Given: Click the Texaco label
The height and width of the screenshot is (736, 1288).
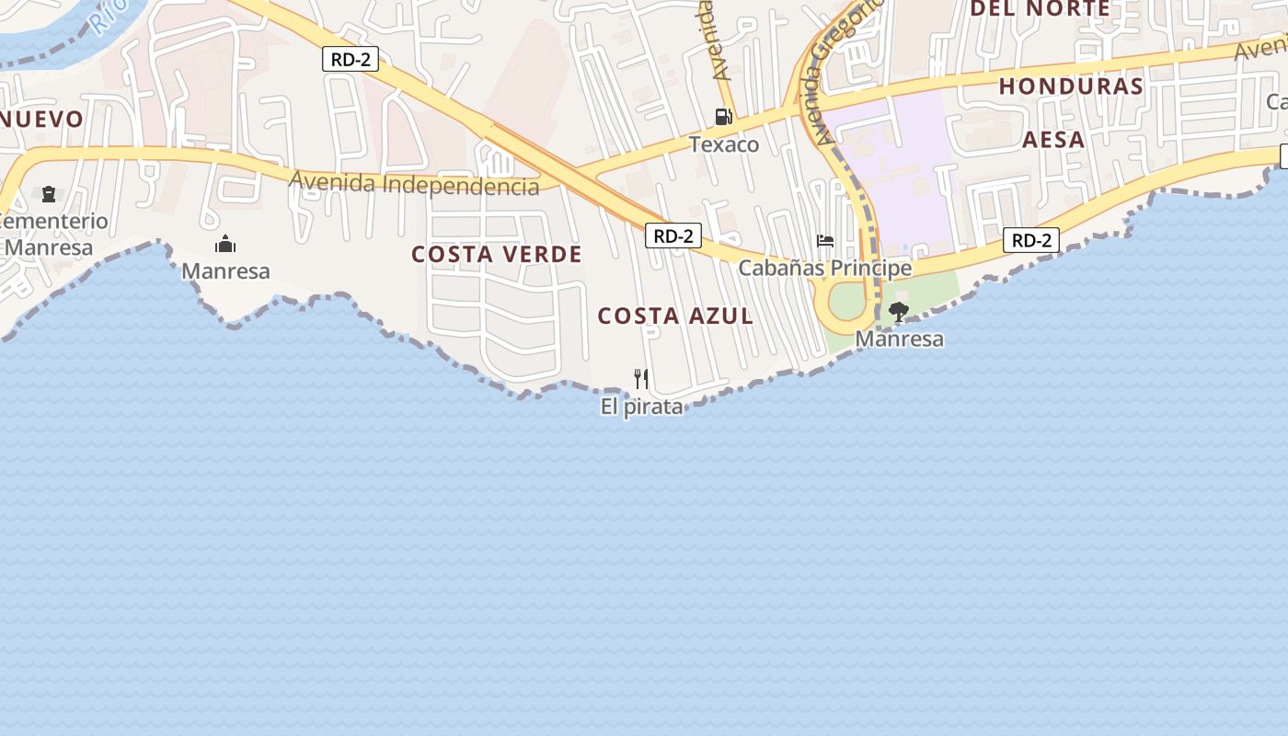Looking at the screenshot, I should point(724,144).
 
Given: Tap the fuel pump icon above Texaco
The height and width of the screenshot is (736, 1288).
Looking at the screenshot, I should point(724,117).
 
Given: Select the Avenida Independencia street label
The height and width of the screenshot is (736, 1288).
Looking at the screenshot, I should point(414,183).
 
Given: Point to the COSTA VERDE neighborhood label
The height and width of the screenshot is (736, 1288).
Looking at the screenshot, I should point(497,254).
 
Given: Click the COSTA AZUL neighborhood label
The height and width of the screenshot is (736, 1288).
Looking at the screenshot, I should point(675,316).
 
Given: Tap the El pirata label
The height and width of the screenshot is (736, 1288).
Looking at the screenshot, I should point(642,407).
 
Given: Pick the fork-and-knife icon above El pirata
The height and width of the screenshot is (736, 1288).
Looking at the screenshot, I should point(641,378).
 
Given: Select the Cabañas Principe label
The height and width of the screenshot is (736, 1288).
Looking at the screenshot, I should point(825,268).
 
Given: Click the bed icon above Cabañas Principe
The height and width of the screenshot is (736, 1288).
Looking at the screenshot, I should point(825,241).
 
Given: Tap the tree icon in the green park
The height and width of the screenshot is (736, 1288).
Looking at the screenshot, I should point(899,312).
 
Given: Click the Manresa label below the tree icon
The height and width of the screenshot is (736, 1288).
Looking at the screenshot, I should point(899,339).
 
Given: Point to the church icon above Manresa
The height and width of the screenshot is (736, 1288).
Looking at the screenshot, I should point(225,244).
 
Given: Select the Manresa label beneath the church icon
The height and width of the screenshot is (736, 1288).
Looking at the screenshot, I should point(225,270).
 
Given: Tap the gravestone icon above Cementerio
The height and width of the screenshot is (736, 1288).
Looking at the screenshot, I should point(48,193).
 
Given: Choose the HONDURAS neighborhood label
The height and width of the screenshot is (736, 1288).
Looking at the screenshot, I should point(1071,86).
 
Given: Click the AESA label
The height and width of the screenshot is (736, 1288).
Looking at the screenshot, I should point(1054,140).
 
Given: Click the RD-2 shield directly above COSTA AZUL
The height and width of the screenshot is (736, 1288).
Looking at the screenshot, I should point(673,236).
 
